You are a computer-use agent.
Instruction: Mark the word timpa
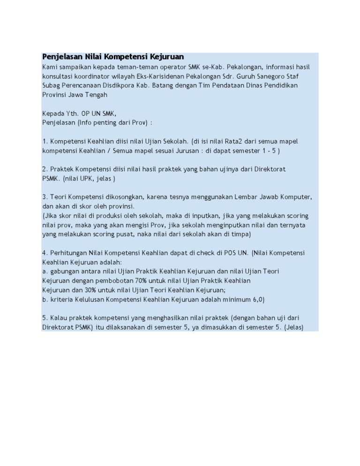point(240,233)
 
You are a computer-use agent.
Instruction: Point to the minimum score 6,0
point(257,299)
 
